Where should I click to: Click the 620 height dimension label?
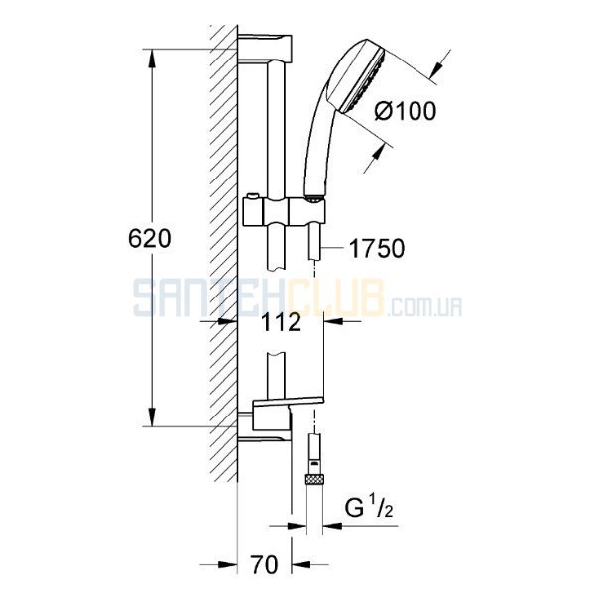[x=150, y=239]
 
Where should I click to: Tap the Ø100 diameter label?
[x=406, y=111]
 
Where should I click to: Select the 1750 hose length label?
[x=377, y=249]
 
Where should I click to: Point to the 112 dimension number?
[x=282, y=322]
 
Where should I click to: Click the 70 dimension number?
[x=264, y=564]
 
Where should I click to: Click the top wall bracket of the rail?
[x=265, y=49]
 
